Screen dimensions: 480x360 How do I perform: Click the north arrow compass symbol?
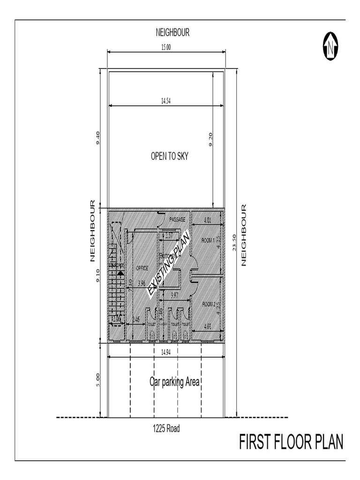click(x=331, y=46)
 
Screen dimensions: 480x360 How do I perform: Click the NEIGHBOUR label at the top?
click(x=172, y=32)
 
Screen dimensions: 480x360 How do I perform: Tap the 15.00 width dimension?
click(x=166, y=47)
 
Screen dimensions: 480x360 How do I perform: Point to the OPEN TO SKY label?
click(x=169, y=157)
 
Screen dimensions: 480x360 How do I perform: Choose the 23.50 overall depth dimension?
click(x=234, y=243)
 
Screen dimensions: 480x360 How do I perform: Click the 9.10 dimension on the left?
click(x=98, y=275)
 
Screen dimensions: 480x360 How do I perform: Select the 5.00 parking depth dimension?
click(x=98, y=380)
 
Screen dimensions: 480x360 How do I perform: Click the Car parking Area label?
click(x=174, y=382)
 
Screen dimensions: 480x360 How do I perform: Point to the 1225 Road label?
click(x=166, y=428)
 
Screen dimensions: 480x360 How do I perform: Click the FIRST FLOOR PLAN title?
click(x=291, y=442)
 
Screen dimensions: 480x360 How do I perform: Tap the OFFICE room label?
click(x=142, y=268)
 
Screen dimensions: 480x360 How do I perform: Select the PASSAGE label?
click(x=178, y=219)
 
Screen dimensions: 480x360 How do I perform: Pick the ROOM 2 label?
click(x=208, y=304)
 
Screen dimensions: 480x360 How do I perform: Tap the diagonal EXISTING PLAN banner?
click(x=169, y=265)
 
